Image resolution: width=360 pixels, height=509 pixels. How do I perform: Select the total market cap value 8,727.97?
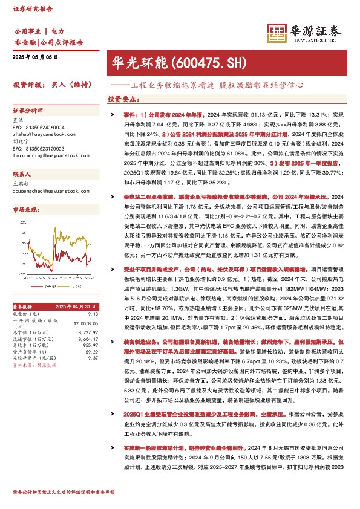coord(87,332)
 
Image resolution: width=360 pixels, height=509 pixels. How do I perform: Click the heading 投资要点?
coord(122,99)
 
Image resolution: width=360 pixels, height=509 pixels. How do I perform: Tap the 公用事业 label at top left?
coord(27,30)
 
